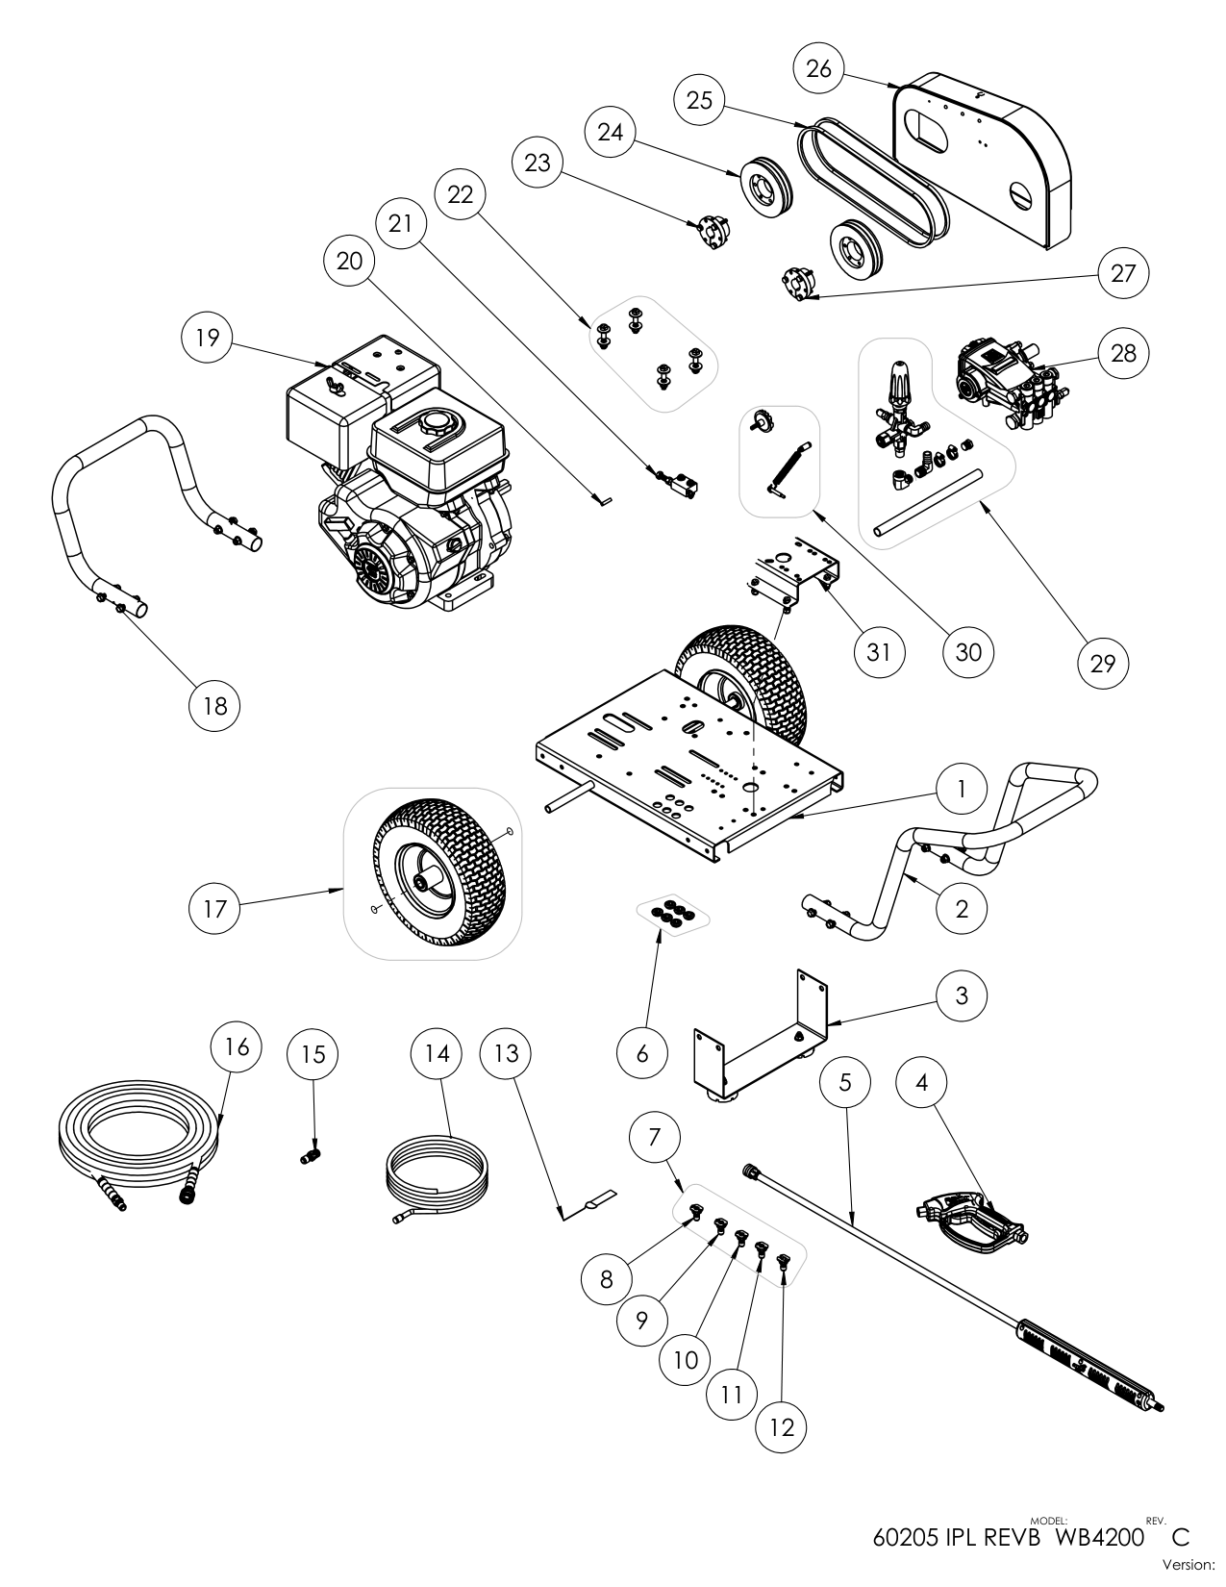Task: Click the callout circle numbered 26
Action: [818, 69]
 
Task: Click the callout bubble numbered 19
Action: [207, 338]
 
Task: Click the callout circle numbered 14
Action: [437, 1053]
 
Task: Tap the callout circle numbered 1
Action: [961, 790]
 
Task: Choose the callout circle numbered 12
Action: [782, 1427]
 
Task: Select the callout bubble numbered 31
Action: [879, 652]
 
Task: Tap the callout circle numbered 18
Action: [213, 705]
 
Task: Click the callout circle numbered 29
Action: [1103, 664]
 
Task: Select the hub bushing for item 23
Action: [713, 232]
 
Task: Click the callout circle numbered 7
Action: [655, 1137]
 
